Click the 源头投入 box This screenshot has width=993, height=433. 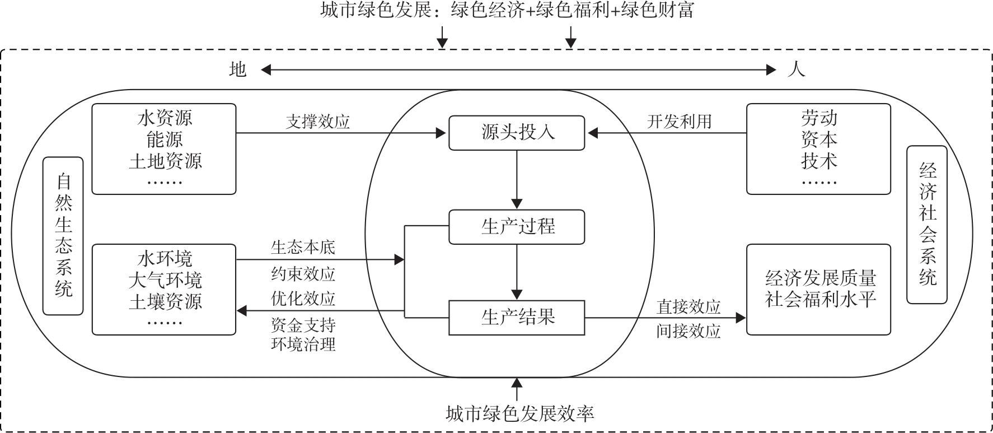point(517,133)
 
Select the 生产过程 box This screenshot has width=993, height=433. point(517,227)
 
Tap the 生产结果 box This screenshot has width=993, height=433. point(517,318)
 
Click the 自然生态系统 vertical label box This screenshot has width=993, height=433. point(63,236)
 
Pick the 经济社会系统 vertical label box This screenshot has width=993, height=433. point(927,225)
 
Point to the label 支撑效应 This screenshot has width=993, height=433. point(317,122)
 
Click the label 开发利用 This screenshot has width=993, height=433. point(679,122)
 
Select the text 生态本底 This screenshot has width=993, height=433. point(303,247)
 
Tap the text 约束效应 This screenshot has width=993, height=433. point(303,273)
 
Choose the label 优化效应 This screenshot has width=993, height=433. point(303,299)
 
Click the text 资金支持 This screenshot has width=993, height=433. point(303,325)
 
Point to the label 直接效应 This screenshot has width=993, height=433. point(688,306)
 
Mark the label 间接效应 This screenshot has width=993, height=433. point(688,331)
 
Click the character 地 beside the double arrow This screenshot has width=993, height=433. point(238,69)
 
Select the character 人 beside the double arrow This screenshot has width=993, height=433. point(796,69)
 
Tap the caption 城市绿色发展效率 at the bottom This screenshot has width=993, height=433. point(519,414)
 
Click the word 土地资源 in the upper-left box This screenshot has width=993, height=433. point(165,161)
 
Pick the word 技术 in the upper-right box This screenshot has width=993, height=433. point(819,161)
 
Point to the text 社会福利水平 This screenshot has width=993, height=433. point(820,300)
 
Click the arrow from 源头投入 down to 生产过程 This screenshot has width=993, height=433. point(517,179)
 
